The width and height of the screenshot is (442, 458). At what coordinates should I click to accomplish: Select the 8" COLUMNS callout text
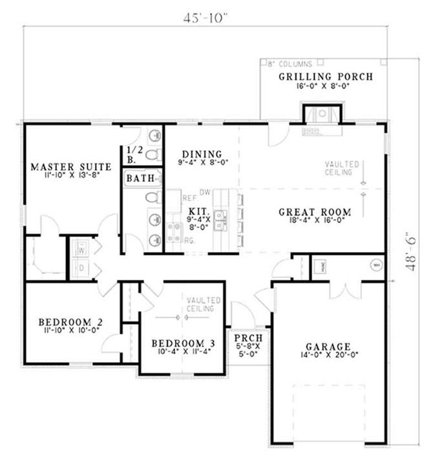(x=290, y=64)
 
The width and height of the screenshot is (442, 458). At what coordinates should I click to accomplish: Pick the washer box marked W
(x=82, y=248)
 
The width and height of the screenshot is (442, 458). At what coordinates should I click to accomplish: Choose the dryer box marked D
(x=82, y=267)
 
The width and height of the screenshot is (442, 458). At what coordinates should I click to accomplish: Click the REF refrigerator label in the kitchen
(x=189, y=198)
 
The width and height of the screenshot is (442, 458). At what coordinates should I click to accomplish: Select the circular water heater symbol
(x=375, y=264)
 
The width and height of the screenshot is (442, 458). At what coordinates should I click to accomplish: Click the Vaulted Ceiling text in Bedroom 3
(x=204, y=305)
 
